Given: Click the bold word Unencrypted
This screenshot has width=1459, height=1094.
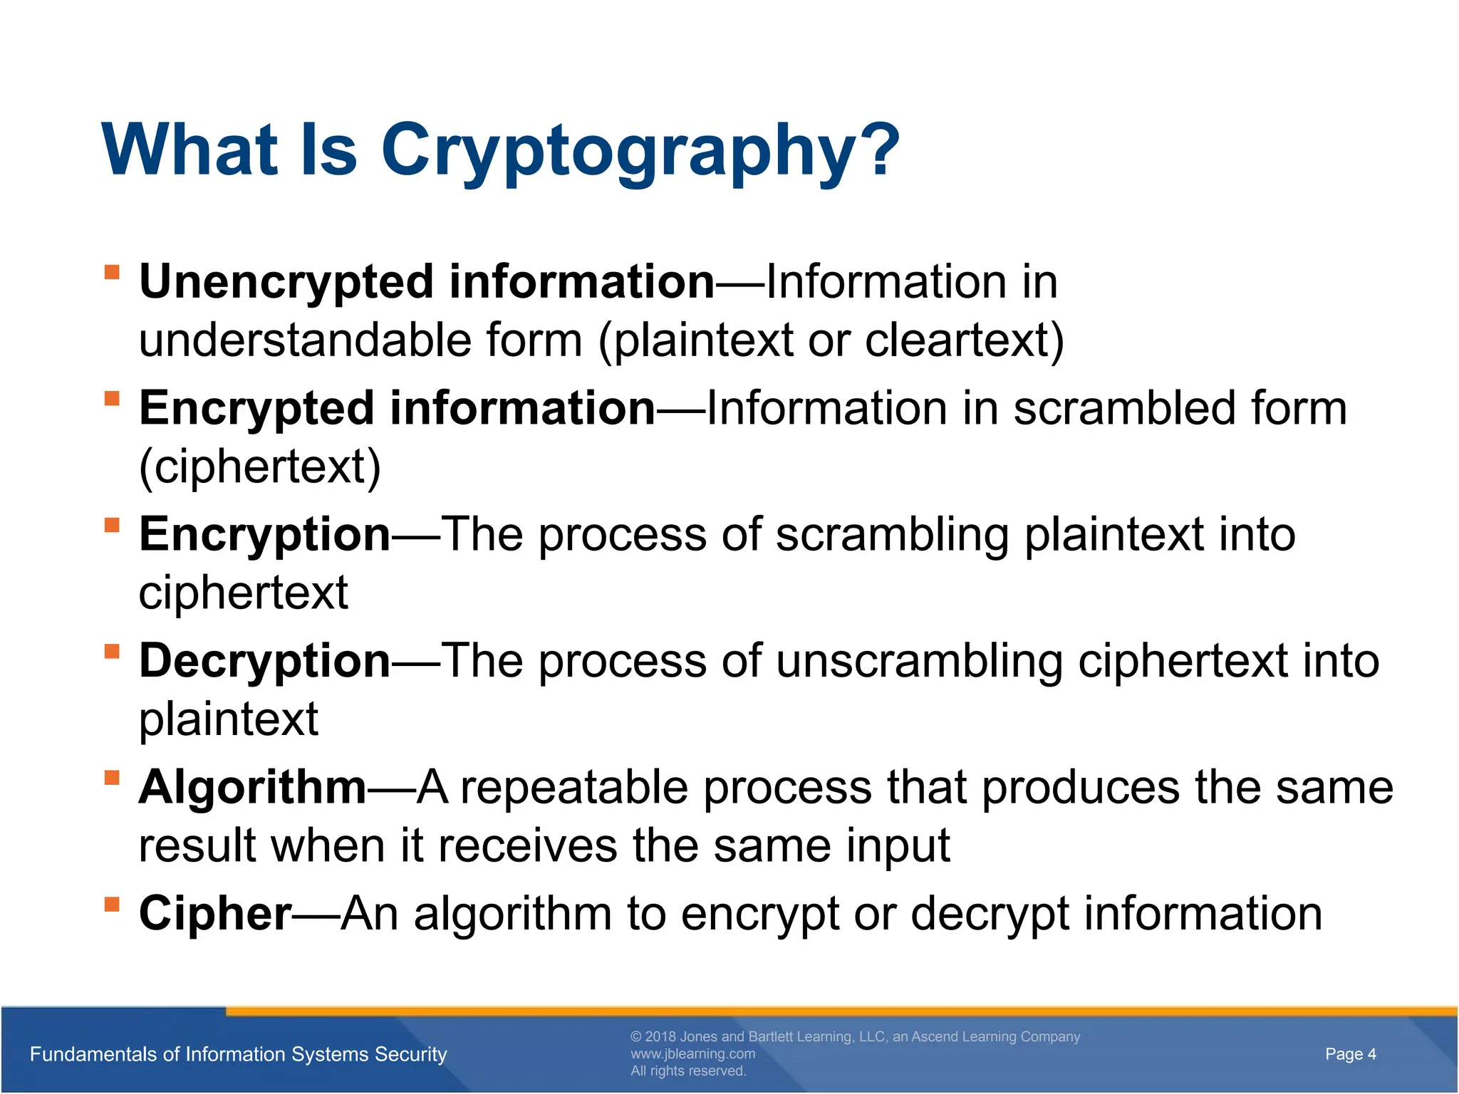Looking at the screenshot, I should pos(285,283).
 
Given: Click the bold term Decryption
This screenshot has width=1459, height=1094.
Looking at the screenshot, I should pos(264,662).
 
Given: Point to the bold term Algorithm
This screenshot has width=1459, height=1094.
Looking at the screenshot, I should pos(252,788).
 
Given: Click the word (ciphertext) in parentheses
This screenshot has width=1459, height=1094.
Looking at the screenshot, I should pos(260,467).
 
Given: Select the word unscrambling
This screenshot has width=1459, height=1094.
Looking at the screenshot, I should pos(919,662).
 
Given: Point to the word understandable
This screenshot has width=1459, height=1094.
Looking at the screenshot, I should pos(305,340).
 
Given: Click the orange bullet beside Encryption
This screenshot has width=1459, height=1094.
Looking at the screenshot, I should pos(112,526).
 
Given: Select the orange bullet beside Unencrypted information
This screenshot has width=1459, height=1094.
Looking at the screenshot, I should pos(112,273).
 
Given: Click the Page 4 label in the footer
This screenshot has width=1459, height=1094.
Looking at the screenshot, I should pos(1350,1054).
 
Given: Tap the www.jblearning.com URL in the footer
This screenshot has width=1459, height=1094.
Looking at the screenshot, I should pos(692,1054).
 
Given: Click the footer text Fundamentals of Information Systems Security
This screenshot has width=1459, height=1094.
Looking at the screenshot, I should pos(239,1054).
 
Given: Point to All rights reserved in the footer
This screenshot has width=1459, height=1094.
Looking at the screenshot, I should pos(688,1071).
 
